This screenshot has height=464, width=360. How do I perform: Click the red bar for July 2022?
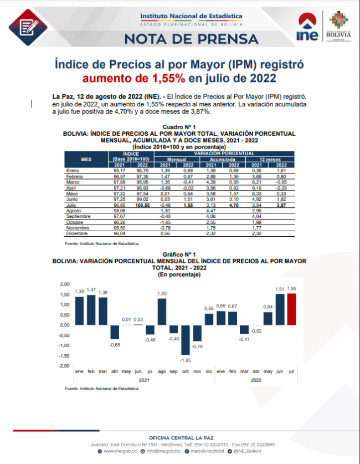pos(291,309)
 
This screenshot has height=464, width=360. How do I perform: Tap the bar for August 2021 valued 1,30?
pos(162,312)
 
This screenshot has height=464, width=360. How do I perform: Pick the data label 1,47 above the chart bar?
pos(91,289)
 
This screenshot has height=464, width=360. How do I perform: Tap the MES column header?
pos(86,159)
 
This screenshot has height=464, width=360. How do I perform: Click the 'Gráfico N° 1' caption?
pos(179,254)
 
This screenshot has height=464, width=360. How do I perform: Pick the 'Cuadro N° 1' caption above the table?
pos(179,128)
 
